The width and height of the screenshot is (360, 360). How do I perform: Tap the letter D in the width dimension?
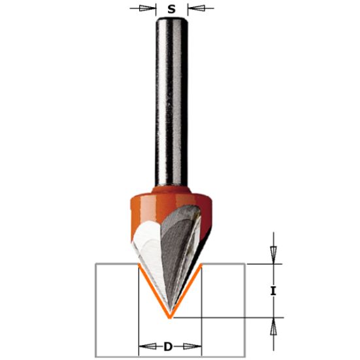(169, 346)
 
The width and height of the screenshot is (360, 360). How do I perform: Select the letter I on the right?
(274, 291)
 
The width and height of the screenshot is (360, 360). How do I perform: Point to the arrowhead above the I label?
(274, 252)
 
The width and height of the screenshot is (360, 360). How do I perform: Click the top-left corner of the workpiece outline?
(95, 263)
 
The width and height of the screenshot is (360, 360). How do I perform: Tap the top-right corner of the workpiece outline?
(245, 263)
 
